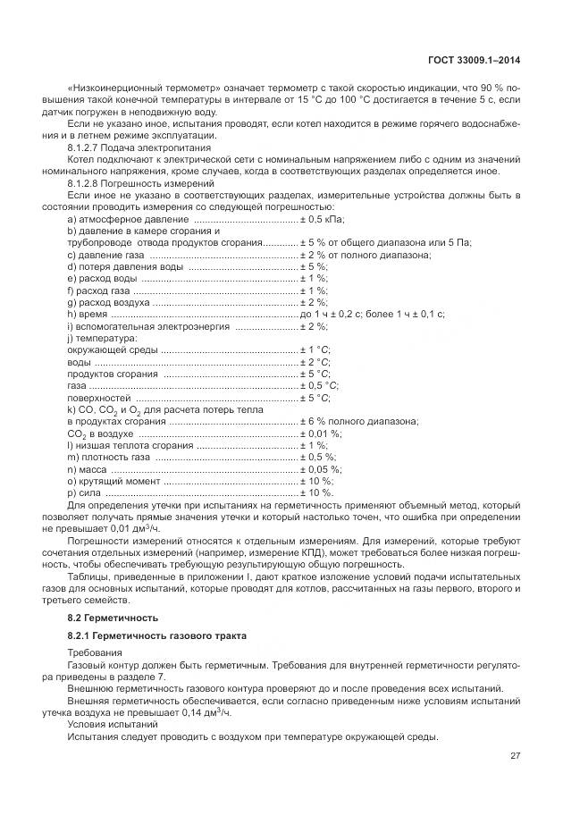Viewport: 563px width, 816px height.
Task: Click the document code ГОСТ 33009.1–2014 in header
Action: (x=475, y=60)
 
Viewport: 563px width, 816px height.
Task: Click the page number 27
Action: (x=515, y=755)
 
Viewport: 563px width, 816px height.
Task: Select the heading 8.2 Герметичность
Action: (x=113, y=618)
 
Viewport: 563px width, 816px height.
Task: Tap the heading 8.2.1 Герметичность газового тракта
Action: (x=144, y=635)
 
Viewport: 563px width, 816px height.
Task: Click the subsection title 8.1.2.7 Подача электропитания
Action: (x=139, y=147)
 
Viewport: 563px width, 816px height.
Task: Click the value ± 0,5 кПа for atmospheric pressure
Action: (x=322, y=220)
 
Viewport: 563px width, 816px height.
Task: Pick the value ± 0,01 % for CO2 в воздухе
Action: (x=321, y=433)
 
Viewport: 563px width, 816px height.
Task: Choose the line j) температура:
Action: (x=103, y=338)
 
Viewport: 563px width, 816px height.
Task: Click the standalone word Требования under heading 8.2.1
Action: (x=93, y=653)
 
